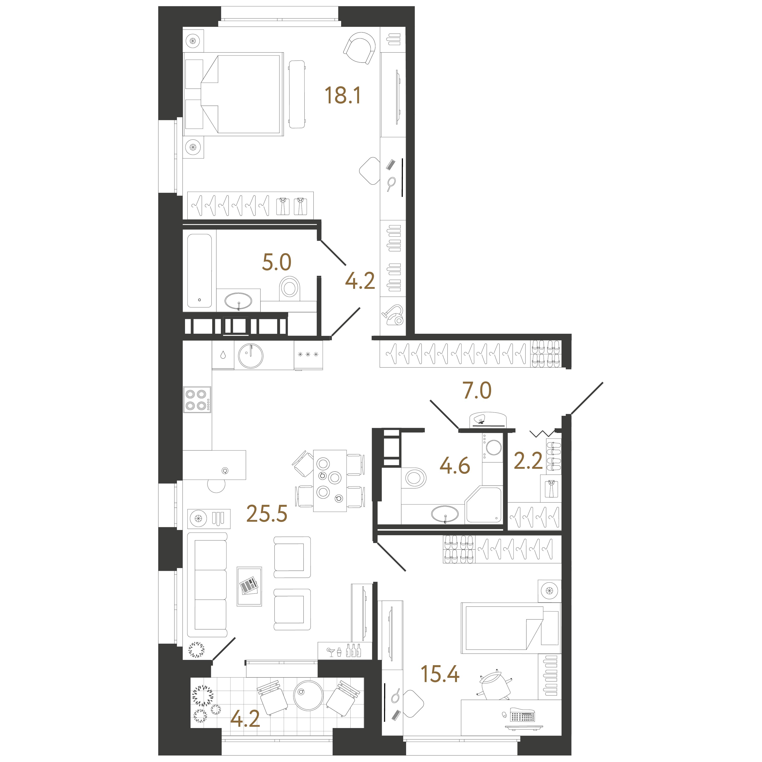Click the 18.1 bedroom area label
point(342,95)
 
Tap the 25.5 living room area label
point(267,513)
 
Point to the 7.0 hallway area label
point(477,390)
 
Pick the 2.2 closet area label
point(528,461)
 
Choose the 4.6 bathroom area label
point(455,465)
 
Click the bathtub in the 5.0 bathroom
point(200,271)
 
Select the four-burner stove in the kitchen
point(197,400)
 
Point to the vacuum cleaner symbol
point(392,314)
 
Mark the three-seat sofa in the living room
point(207,585)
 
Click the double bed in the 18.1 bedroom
point(241,94)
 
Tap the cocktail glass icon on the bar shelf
point(331,652)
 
